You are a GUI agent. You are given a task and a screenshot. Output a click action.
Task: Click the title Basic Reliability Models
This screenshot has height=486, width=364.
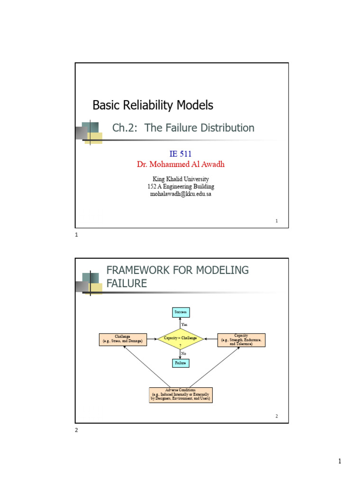[153, 105]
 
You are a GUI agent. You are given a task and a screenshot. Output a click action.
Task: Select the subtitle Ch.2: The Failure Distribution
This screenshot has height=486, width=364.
[183, 128]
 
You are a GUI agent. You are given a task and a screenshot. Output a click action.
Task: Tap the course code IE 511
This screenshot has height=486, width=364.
[180, 154]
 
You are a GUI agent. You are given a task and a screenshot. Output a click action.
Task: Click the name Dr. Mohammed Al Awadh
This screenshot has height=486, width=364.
[180, 164]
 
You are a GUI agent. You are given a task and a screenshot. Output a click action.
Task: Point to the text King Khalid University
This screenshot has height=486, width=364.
[180, 179]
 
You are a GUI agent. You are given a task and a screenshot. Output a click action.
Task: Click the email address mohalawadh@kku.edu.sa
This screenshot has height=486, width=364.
[180, 194]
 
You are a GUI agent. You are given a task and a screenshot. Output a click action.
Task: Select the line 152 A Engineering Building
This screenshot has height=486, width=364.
[180, 187]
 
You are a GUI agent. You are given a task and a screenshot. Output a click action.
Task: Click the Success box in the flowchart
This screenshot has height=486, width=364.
[181, 312]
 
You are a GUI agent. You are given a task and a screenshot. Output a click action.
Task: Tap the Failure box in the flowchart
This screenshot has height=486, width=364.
[181, 363]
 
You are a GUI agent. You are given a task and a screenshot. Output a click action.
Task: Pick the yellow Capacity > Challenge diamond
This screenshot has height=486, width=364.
[181, 338]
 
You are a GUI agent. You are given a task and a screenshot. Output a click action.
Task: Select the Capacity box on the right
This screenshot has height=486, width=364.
[241, 339]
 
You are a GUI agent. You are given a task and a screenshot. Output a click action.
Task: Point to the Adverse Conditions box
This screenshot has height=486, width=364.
[181, 395]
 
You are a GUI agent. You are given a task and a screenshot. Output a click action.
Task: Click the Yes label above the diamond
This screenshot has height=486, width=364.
[184, 325]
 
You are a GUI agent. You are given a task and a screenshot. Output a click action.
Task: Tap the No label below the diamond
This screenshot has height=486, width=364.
[184, 354]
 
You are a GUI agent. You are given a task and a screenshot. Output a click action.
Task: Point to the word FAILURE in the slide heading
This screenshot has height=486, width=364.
[127, 284]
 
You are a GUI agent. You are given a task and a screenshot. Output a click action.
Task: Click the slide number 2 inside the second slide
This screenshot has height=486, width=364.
[277, 416]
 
